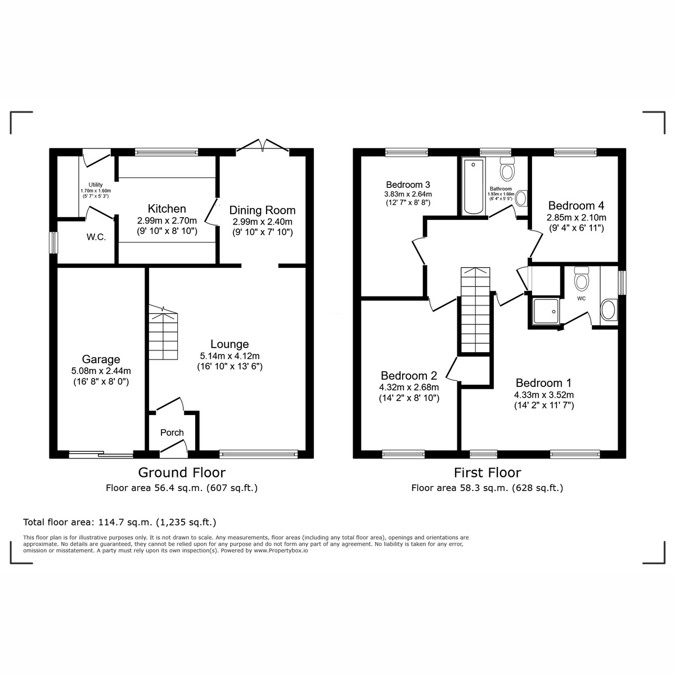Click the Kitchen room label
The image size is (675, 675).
click(166, 209)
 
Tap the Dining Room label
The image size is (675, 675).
click(262, 210)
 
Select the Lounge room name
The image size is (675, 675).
click(229, 344)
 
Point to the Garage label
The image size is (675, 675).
click(101, 359)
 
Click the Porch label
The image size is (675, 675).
click(172, 433)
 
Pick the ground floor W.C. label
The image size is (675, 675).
click(96, 237)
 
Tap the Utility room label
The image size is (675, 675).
click(96, 184)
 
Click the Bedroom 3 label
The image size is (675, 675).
click(408, 184)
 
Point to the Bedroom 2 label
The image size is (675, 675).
click(409, 376)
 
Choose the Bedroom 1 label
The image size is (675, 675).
click(543, 383)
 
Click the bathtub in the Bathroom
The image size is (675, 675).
click(473, 186)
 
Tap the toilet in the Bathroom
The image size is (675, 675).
click(508, 168)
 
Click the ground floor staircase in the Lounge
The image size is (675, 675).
click(163, 335)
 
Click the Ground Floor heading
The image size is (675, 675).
click(182, 472)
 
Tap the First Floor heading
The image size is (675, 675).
click(487, 472)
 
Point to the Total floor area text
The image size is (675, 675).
click(119, 522)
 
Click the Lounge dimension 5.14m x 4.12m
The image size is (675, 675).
click(229, 356)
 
